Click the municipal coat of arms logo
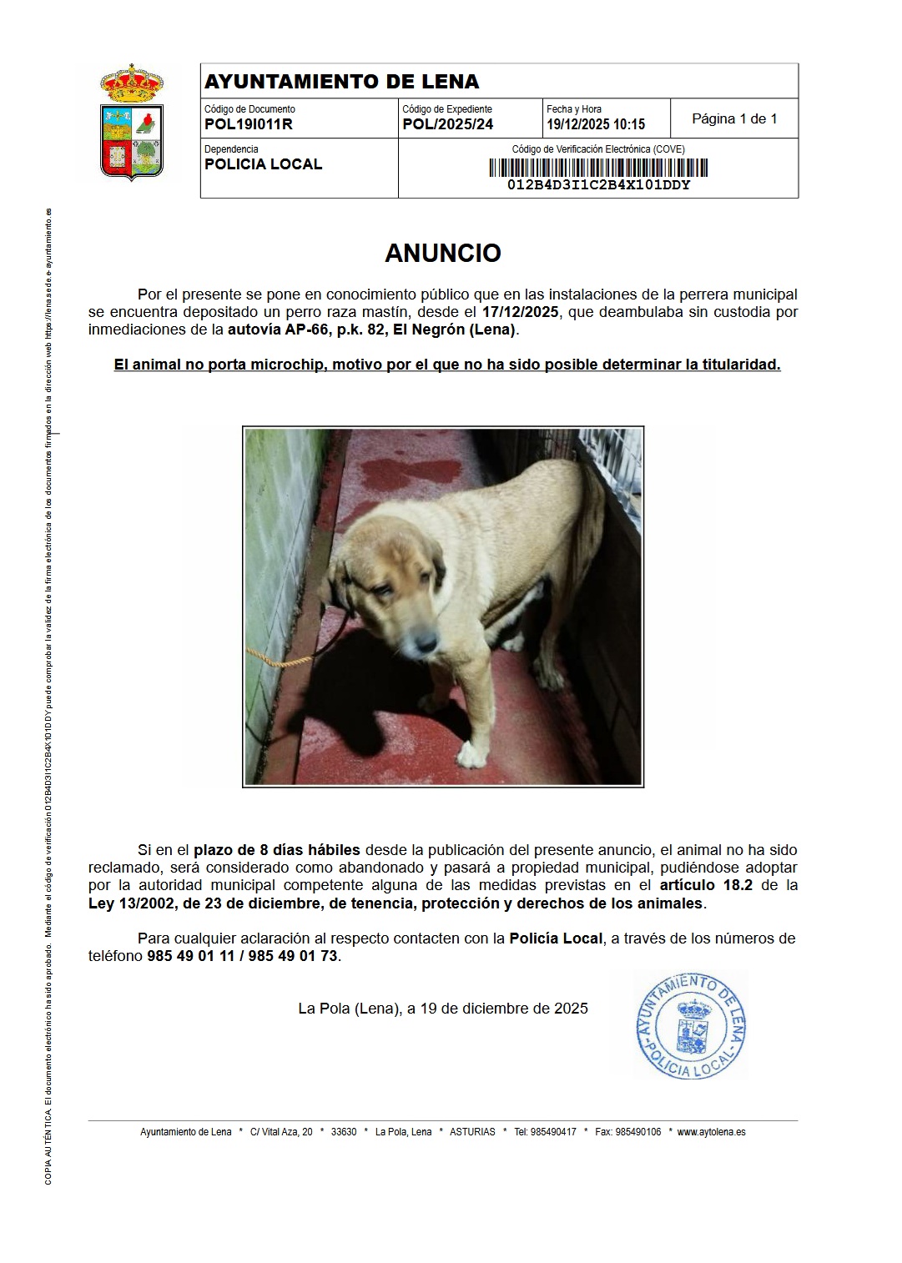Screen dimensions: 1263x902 tap(132, 123)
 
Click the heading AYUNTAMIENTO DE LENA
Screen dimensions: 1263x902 tap(341, 82)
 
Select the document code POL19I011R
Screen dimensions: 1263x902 tap(248, 125)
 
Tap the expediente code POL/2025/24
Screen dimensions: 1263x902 tap(447, 125)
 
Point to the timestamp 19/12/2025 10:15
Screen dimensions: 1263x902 tap(596, 125)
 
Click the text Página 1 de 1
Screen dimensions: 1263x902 tap(734, 118)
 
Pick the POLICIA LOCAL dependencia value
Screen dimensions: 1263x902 tap(263, 164)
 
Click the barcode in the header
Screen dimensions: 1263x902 tap(598, 168)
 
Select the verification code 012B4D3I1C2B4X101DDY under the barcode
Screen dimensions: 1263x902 tap(598, 185)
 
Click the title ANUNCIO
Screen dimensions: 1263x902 tap(442, 254)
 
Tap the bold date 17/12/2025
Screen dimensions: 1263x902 tap(520, 312)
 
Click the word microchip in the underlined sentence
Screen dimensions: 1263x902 tap(282, 365)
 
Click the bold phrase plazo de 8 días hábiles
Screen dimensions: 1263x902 tap(276, 850)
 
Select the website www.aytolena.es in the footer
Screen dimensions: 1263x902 tap(711, 1132)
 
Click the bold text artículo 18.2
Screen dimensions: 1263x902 tap(706, 885)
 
